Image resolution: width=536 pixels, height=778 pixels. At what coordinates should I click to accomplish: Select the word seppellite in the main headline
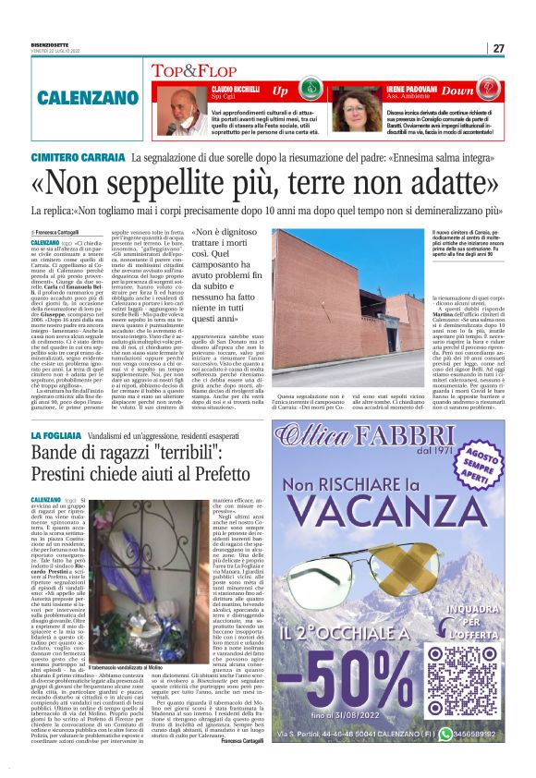click(192, 184)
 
